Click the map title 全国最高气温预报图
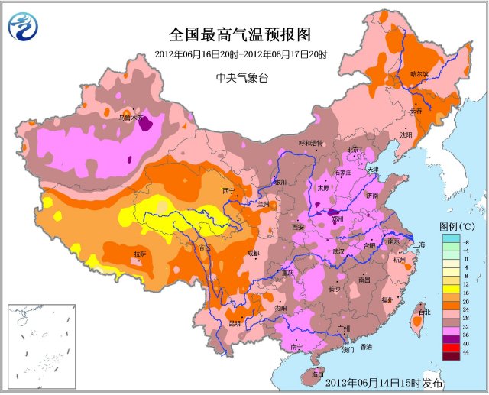tap(241, 35)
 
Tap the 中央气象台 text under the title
tap(241, 77)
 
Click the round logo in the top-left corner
tap(23, 28)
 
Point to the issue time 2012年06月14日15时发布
tap(384, 381)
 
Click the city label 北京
tap(353, 150)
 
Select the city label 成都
tap(252, 253)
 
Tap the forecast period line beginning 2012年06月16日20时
tap(241, 55)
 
